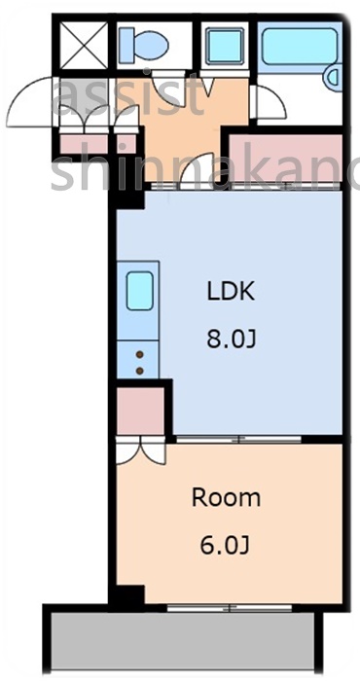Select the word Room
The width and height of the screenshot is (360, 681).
(x=226, y=498)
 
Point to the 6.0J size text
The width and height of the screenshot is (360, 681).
(x=226, y=546)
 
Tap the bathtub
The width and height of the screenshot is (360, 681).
(x=301, y=46)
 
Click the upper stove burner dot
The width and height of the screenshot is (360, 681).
(x=139, y=355)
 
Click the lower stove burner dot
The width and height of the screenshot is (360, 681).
(x=139, y=370)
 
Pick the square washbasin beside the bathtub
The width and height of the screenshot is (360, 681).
(x=227, y=45)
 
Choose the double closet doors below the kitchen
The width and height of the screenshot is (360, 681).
(x=140, y=449)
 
